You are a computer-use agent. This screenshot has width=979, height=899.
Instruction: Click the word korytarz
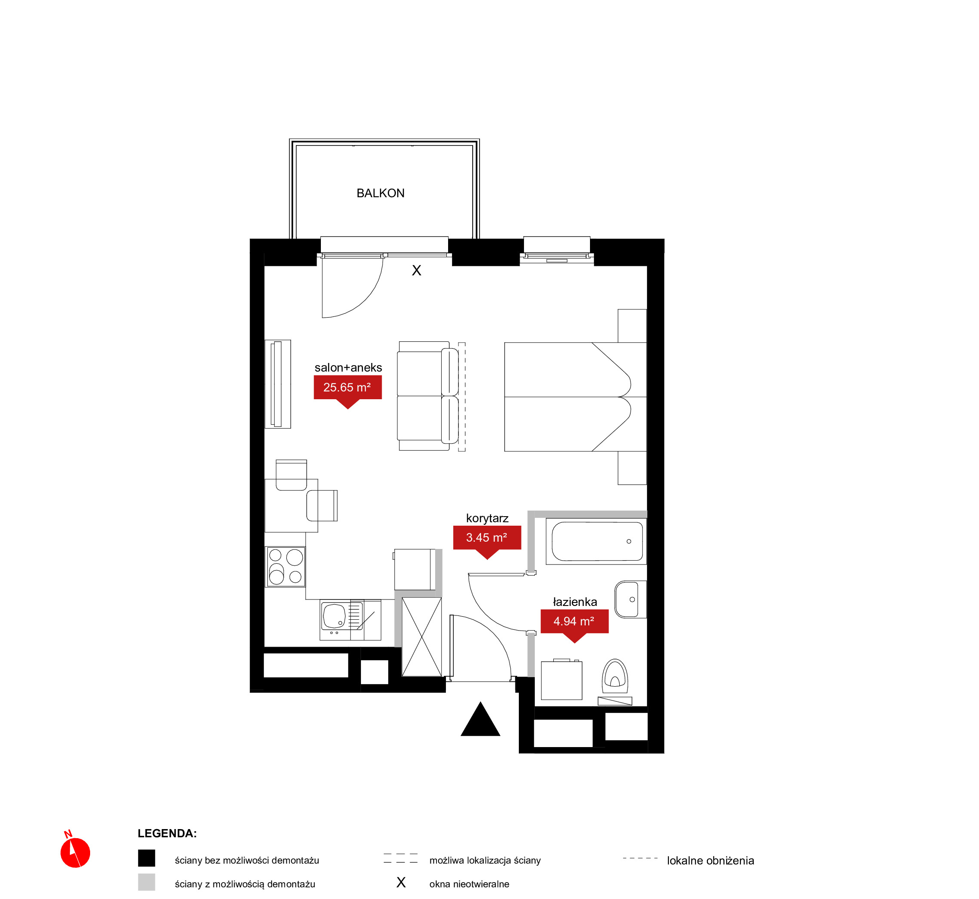pos(487,518)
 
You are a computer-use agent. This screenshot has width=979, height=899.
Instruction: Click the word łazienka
pos(575,602)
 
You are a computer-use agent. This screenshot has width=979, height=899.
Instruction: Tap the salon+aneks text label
pos(348,367)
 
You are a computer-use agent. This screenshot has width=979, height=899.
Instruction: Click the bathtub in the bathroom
pos(596,542)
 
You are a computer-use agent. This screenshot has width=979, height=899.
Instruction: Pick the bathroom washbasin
pos(630,599)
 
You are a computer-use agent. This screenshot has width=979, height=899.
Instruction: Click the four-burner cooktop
pos(286,566)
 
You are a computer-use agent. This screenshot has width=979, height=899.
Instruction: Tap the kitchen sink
pos(342,616)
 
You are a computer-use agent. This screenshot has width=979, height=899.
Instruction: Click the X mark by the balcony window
pos(417,271)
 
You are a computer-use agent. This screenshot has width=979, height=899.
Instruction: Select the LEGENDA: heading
pos(167,833)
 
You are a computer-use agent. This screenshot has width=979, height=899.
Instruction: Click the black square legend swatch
pos(146,858)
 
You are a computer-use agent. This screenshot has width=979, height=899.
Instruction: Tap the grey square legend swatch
pos(146,882)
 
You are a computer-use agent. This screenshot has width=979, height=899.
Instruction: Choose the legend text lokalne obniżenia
pos(710,861)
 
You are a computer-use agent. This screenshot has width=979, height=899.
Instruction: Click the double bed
pos(575,397)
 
